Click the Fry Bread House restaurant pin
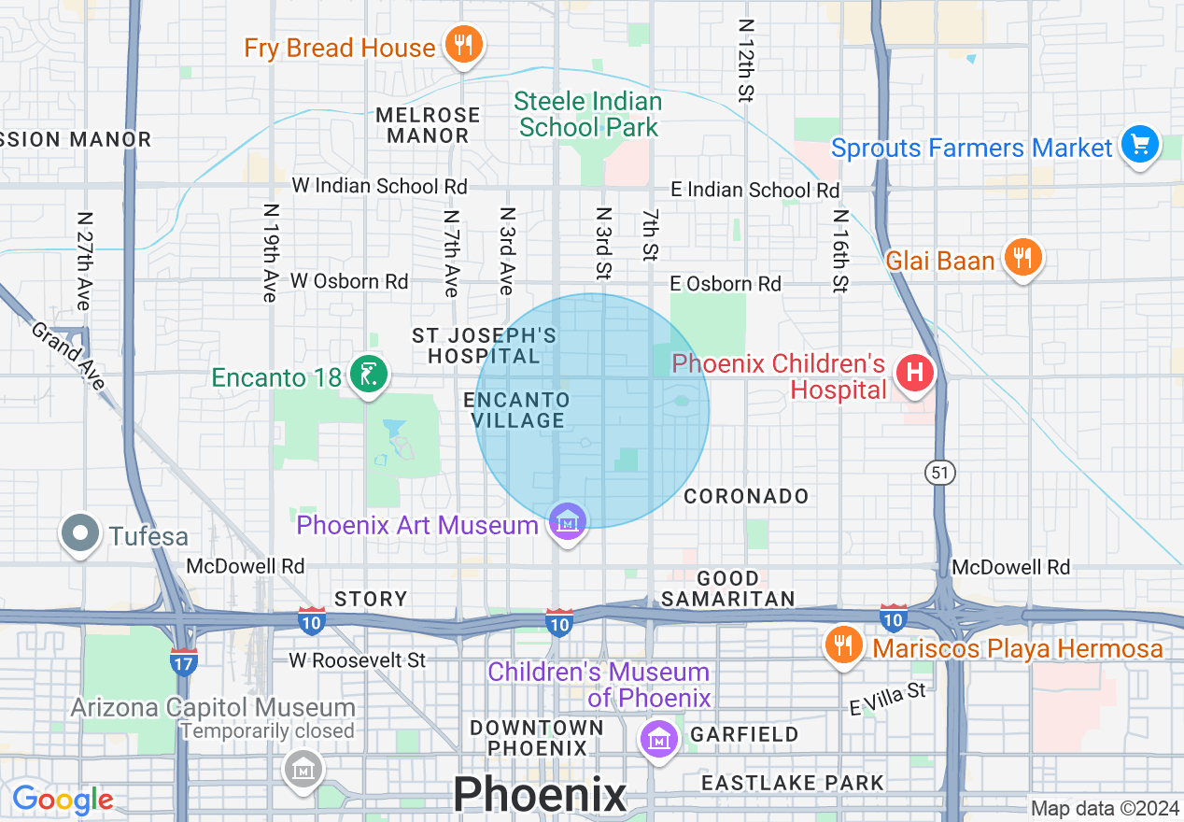coord(462,44)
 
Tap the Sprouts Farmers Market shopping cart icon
coord(1139,145)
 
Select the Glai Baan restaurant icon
coord(1023,257)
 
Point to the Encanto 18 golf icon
coord(369,375)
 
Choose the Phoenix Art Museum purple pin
coord(567,522)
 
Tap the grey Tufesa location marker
coord(80,533)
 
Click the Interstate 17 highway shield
coord(184,661)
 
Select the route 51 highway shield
coord(939,474)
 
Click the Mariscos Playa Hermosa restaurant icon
coord(843,645)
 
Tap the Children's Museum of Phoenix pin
coord(659,738)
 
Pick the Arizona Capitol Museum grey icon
coord(303,769)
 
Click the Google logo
coord(63,800)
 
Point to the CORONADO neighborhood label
coord(746,496)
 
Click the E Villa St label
coord(887,699)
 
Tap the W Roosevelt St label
coord(357,660)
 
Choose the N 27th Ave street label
coord(84,261)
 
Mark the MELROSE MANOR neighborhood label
coord(428,125)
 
